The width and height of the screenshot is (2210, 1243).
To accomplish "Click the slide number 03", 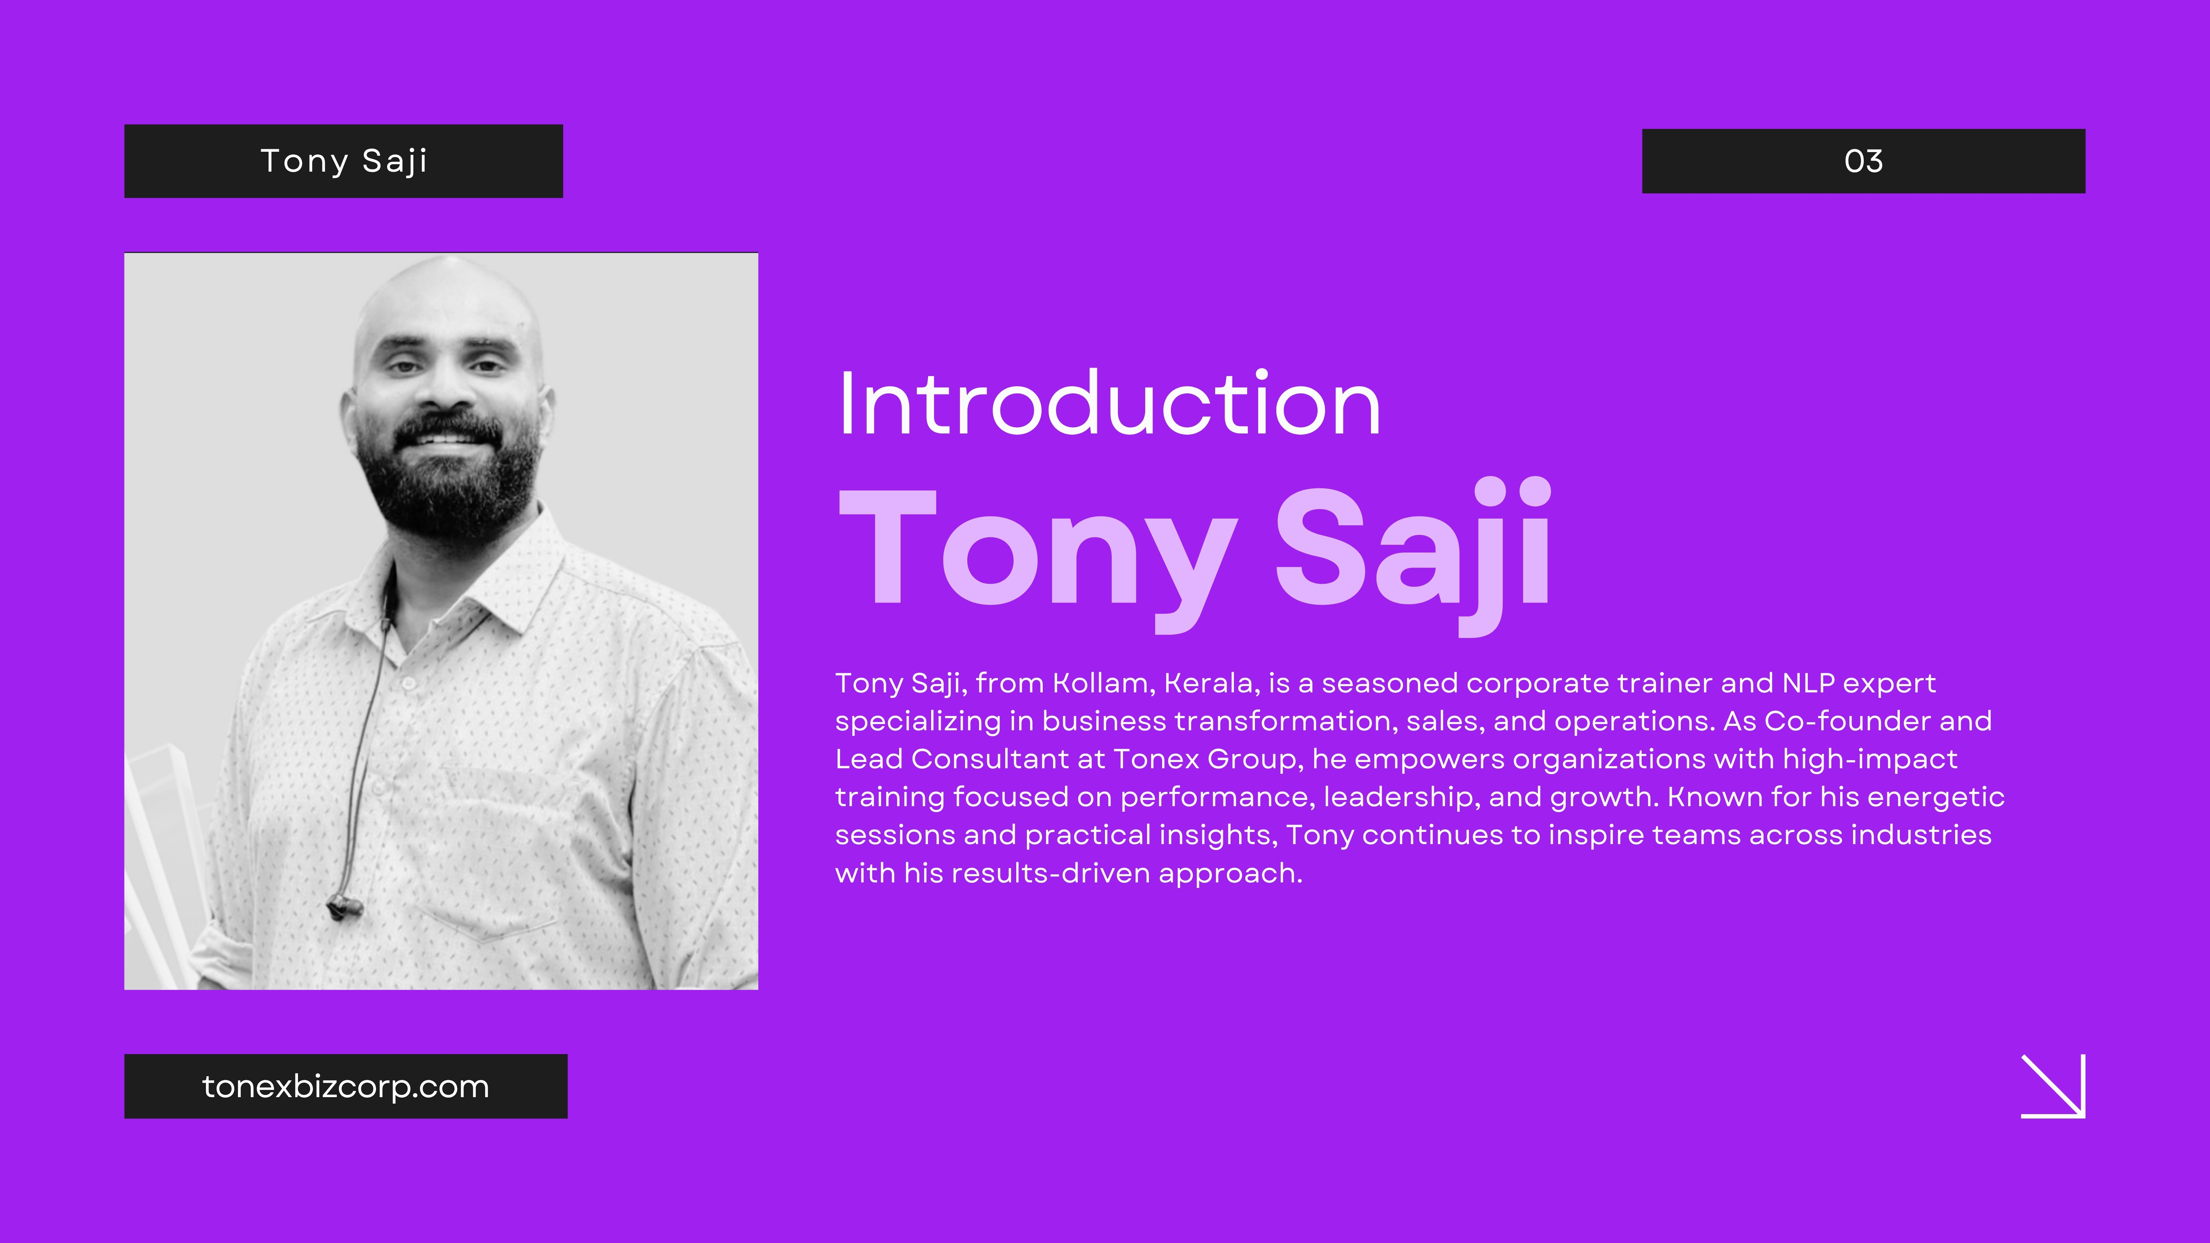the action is (1863, 161).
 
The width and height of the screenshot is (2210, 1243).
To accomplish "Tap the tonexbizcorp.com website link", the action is (346, 1087).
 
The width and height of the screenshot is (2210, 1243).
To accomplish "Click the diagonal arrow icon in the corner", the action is (2053, 1086).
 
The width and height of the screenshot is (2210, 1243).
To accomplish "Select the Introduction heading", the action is (1109, 403).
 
